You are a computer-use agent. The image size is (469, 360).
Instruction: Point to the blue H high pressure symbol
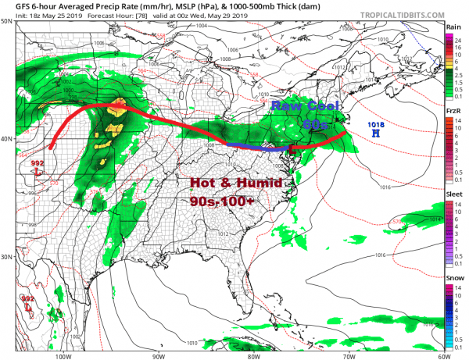pos(377,134)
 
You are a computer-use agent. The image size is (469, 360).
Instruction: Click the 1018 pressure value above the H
pos(377,125)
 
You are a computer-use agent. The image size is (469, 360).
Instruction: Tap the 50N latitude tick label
pos(8,21)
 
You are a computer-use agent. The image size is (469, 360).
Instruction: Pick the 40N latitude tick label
pos(8,139)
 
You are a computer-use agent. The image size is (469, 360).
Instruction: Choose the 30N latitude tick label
pos(8,257)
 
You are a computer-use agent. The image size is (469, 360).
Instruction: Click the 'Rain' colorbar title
pos(453,26)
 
